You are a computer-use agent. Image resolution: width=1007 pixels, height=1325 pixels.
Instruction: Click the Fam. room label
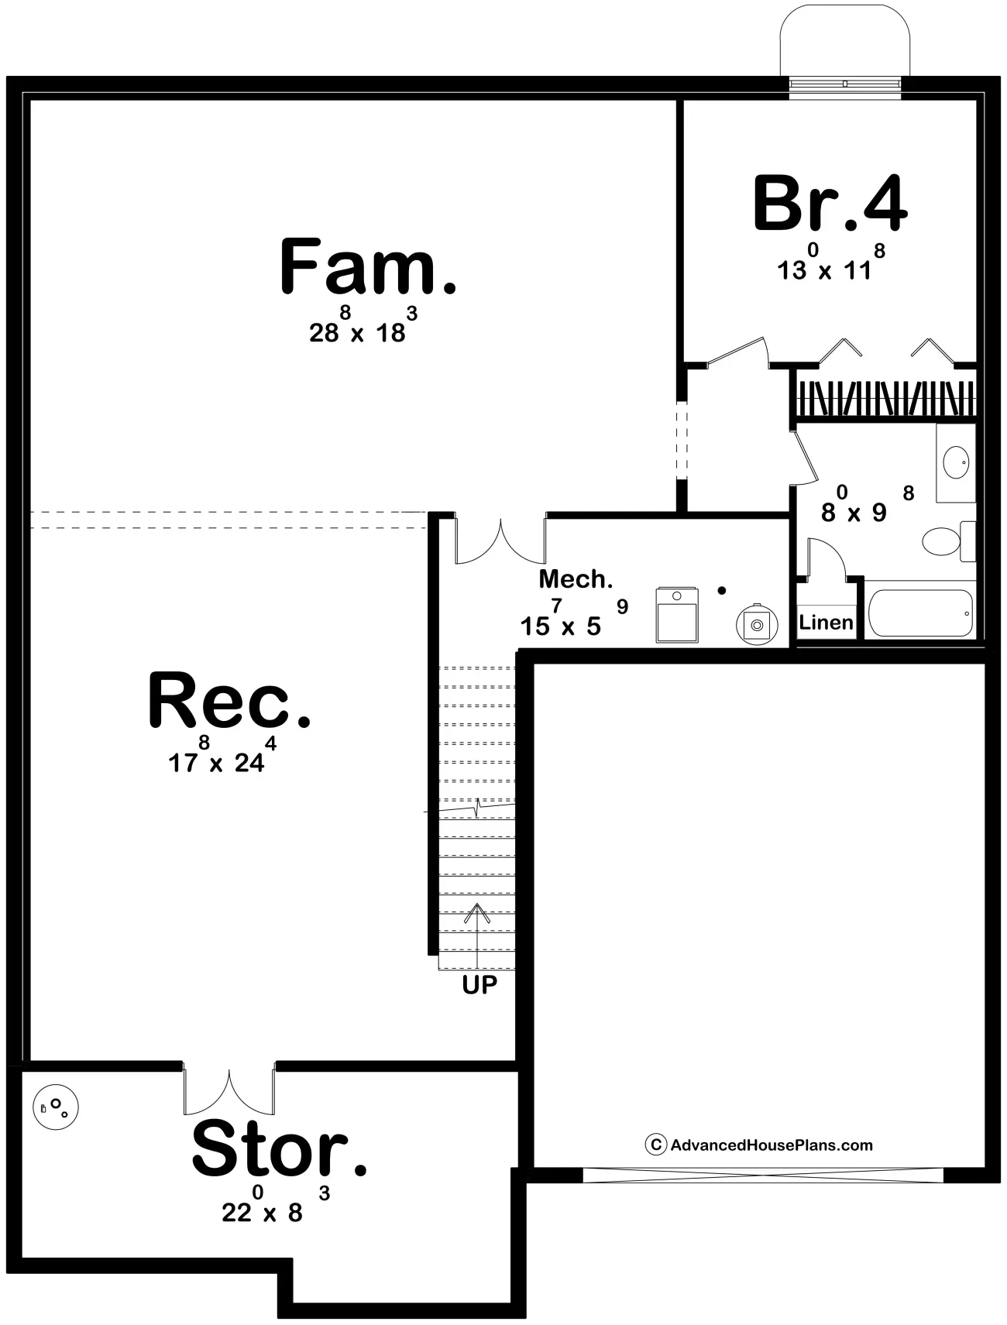coord(368,267)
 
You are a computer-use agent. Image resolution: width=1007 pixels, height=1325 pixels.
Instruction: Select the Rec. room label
coord(229,701)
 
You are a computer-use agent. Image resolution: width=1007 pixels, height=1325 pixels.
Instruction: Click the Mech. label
coord(576,578)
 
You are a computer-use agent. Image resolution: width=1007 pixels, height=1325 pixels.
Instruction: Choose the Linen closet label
coord(826,622)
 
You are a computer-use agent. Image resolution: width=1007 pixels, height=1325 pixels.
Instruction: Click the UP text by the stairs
coord(479,984)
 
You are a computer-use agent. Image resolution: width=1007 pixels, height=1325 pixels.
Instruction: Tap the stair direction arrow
coord(477,936)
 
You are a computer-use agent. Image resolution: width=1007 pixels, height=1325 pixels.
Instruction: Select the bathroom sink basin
coord(955,463)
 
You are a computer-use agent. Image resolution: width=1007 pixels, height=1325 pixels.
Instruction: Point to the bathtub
coord(920,613)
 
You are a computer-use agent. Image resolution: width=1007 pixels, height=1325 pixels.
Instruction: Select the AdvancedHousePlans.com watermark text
coord(759,1145)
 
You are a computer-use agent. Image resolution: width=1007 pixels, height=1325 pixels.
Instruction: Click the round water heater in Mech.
coord(755,623)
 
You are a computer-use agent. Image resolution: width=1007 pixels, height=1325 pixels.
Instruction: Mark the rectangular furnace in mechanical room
coord(677,615)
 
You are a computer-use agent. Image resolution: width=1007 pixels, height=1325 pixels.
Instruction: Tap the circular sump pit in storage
coord(56,1107)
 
